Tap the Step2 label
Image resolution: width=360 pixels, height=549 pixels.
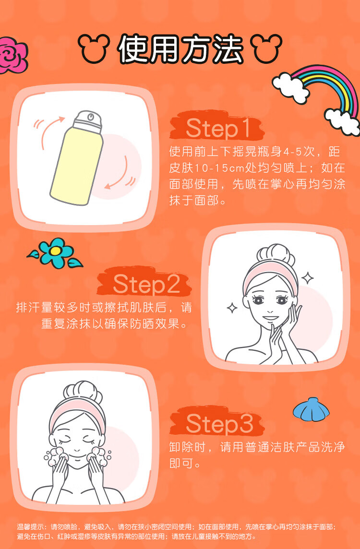147,284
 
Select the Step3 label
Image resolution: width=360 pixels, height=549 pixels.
219,424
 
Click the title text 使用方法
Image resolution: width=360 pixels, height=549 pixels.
180,48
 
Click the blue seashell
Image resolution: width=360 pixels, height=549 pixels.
311,408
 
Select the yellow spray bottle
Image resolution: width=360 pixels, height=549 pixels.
77,157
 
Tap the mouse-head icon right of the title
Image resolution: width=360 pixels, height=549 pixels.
267,48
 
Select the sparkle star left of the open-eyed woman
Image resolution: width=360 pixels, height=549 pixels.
232,308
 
